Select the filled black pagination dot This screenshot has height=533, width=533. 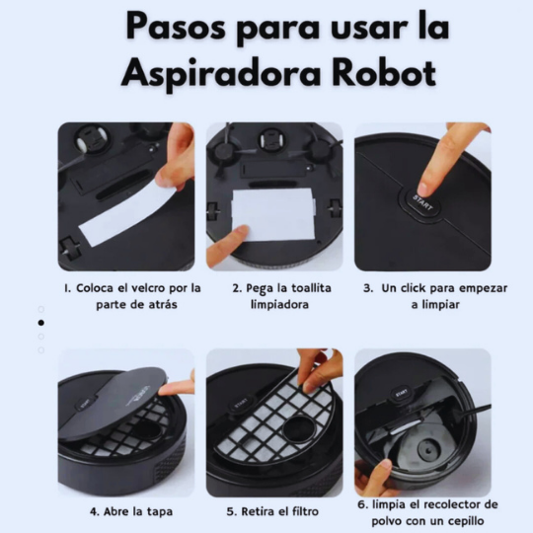click(x=40, y=323)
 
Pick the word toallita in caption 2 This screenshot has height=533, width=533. click(x=300, y=288)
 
